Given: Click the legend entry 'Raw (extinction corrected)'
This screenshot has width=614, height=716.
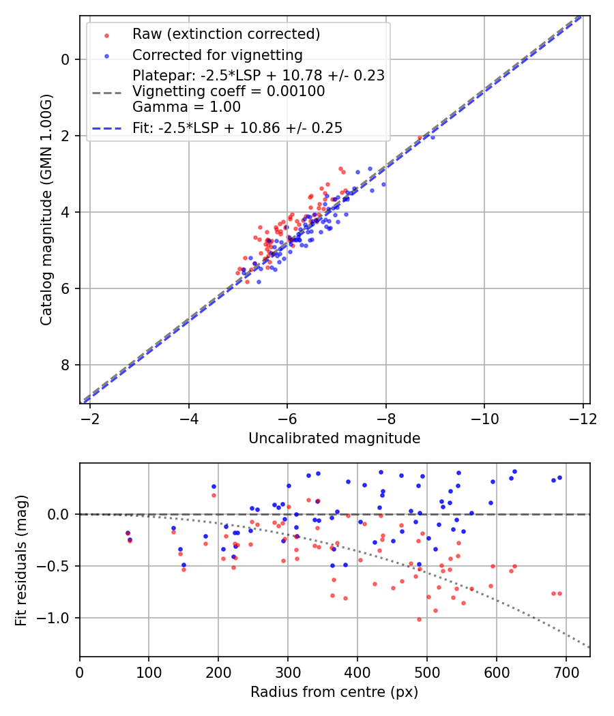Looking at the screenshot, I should [x=226, y=34].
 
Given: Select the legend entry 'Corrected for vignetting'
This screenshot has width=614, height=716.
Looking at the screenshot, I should [x=218, y=55].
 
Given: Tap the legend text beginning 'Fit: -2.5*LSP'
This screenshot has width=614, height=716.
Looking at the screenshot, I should [x=237, y=128].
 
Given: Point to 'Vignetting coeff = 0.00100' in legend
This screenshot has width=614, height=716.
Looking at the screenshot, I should [x=229, y=91].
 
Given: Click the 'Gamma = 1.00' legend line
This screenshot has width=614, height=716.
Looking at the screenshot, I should [x=186, y=106].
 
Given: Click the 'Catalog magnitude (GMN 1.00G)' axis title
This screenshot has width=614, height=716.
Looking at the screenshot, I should [x=46, y=210].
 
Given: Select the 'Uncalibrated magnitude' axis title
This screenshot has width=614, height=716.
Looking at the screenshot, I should [x=334, y=438].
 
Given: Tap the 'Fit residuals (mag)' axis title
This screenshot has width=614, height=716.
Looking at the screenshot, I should [x=21, y=560].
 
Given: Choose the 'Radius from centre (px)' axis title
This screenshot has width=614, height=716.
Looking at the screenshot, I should [x=334, y=691].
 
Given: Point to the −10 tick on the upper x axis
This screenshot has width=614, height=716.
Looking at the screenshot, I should [x=484, y=417].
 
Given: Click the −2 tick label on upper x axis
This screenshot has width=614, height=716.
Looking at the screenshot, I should [x=90, y=417].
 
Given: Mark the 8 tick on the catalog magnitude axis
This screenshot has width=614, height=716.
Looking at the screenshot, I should [x=65, y=365].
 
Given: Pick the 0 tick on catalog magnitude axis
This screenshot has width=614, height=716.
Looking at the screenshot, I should [x=65, y=59].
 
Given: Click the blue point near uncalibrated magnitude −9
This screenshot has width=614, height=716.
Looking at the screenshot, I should [x=432, y=137].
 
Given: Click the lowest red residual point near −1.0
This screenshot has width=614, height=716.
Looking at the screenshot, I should [x=419, y=619].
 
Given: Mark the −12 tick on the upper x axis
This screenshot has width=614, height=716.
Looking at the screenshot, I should [x=582, y=417].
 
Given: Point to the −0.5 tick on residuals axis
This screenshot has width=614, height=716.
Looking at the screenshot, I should [x=57, y=566].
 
